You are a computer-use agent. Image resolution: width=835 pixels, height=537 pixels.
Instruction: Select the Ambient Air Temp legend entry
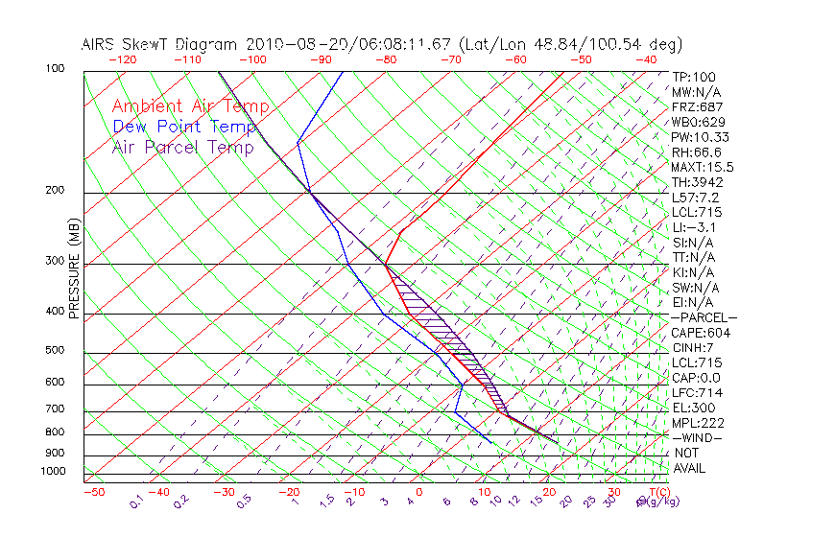coord(190,106)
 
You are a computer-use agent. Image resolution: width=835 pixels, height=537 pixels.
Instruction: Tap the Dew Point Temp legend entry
coord(184,127)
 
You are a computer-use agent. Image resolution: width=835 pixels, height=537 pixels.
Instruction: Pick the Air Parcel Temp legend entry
coord(182,147)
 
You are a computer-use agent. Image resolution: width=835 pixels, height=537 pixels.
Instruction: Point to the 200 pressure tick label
coord(56,191)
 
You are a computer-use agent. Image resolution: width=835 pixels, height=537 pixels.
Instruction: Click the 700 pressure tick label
coord(56,409)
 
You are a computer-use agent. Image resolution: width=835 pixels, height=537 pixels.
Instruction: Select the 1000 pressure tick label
coord(53,472)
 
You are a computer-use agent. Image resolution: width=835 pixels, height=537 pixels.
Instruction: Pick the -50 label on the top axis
coord(581,59)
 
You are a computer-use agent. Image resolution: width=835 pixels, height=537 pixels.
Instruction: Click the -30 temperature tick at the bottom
coord(224,493)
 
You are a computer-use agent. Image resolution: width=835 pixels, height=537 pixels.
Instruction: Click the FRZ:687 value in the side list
coord(697,106)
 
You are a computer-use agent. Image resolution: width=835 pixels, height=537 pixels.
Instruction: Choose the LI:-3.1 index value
coord(694,227)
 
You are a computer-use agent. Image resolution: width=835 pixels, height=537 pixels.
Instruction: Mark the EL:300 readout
coord(693,408)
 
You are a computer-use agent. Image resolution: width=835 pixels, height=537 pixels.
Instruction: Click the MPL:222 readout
coord(697,423)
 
